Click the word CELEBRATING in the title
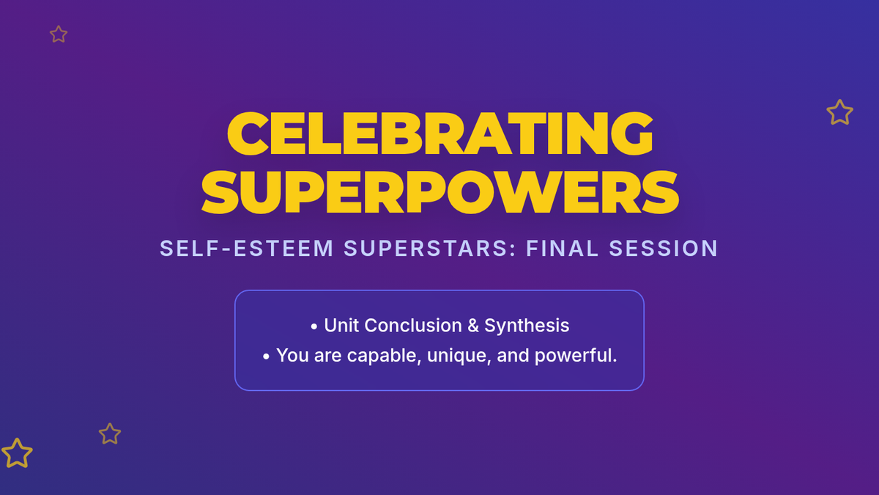click(440, 133)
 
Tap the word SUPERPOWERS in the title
click(440, 192)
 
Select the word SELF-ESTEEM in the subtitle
click(246, 249)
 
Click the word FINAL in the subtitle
click(563, 249)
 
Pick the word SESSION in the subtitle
click(664, 249)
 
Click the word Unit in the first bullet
click(341, 326)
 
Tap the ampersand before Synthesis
click(473, 326)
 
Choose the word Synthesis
click(527, 326)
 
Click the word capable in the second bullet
click(384, 356)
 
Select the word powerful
click(576, 356)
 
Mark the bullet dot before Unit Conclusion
click(314, 326)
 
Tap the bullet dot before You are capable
click(266, 356)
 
